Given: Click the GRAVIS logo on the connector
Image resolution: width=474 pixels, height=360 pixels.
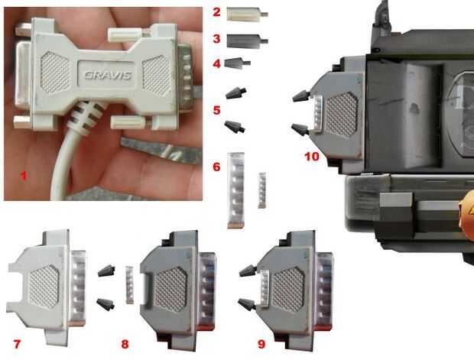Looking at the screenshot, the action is click(108, 75).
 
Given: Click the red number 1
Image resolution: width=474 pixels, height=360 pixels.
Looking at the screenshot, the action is click(24, 175).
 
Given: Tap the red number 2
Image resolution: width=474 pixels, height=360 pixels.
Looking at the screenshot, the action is click(216, 12).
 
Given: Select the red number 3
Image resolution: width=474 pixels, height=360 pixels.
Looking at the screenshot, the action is click(216, 39).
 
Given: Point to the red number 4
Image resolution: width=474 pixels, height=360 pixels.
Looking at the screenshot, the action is click(216, 64).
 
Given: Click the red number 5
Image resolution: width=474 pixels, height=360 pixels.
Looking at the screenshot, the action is click(216, 110).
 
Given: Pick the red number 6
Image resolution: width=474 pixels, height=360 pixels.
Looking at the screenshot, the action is click(216, 167).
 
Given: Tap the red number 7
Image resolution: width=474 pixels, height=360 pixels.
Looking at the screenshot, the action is click(17, 344).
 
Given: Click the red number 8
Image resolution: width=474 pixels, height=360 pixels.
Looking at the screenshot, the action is click(125, 344).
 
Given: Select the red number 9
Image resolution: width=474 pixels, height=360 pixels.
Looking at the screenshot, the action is click(261, 344).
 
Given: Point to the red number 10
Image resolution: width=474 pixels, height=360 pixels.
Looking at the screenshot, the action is click(312, 157).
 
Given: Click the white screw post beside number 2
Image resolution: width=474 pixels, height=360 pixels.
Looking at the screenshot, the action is click(247, 15).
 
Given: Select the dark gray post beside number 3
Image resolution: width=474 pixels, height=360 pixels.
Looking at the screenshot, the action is click(247, 41).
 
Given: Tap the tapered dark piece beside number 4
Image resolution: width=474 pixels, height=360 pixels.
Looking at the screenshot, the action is click(237, 63).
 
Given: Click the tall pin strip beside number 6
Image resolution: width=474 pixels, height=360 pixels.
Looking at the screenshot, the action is click(235, 190).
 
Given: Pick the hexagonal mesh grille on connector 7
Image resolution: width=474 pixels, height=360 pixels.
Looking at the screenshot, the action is click(44, 287).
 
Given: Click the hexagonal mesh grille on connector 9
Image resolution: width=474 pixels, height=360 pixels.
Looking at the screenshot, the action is click(288, 290).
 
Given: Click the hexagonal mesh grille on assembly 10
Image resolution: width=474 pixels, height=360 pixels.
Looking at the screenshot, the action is click(341, 114).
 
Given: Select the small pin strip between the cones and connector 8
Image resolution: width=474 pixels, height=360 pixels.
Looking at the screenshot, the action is click(129, 285).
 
